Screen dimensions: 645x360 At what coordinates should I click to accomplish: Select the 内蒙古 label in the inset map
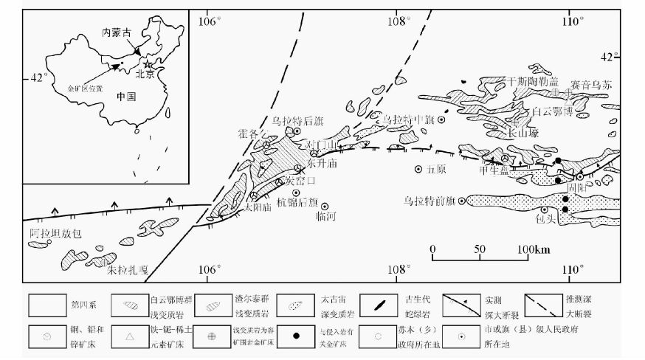pos(117,33)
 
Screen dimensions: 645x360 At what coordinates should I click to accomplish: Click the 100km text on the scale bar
pos(534,249)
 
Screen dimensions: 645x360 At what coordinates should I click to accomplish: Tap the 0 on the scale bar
pos(432,249)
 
